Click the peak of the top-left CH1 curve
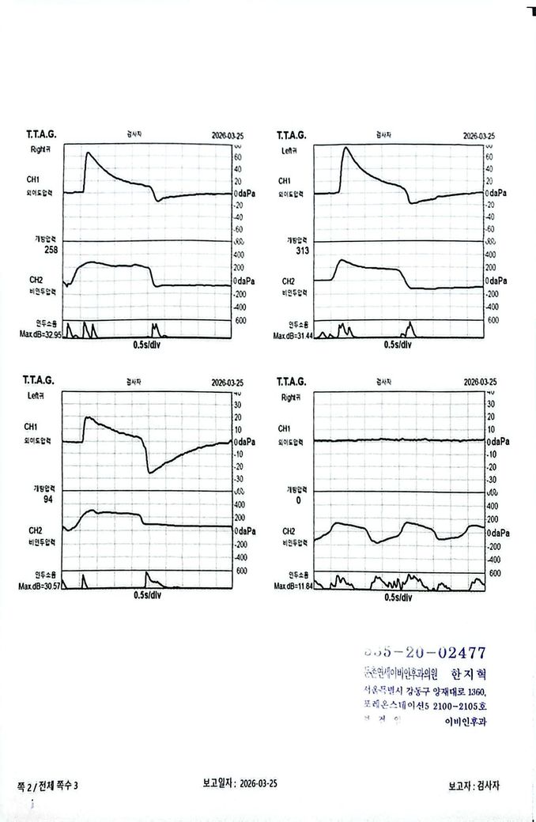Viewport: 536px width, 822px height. [x=87, y=153]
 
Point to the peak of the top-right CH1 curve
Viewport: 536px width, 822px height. [x=345, y=148]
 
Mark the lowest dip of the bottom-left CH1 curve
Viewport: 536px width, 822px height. [x=149, y=472]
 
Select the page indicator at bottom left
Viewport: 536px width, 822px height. [x=48, y=785]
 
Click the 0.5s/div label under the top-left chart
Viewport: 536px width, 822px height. [x=147, y=345]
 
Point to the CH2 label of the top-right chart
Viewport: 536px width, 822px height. [x=289, y=281]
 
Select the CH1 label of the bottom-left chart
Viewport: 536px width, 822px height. [x=32, y=428]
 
